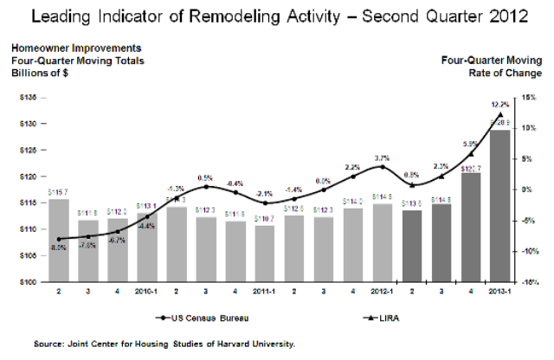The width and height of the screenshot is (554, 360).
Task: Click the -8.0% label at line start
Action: click(x=58, y=248)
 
